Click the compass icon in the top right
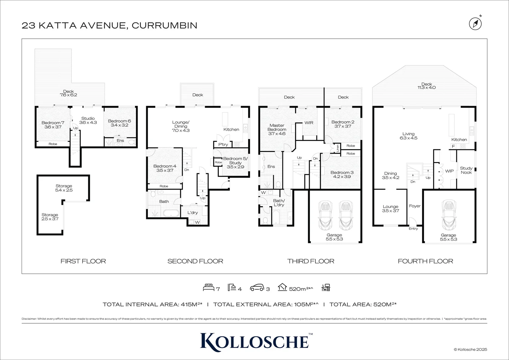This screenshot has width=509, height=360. click(475, 23)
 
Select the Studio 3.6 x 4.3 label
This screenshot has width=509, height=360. click(88, 120)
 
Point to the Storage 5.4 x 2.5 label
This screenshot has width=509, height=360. click(64, 188)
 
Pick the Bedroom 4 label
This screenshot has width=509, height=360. click(165, 168)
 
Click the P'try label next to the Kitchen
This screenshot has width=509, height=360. click(223, 145)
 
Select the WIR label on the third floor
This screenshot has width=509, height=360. click(309, 123)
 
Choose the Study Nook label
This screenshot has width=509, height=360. click(466, 170)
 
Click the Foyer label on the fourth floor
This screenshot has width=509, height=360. click(415, 206)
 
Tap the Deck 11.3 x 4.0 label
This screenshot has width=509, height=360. click(426, 86)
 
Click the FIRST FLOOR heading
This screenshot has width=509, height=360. click(83, 261)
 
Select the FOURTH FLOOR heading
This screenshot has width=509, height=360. click(425, 261)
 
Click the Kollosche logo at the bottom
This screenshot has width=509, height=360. click(254, 341)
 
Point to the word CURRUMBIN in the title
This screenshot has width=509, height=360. click(165, 25)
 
